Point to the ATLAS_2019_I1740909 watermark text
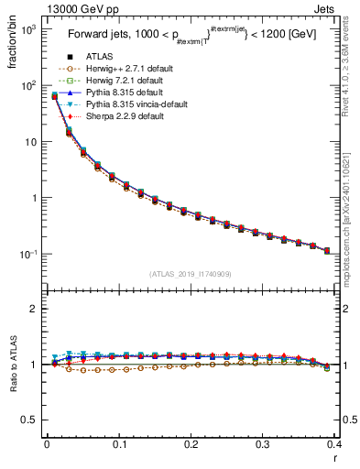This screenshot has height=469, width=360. click(190, 274)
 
